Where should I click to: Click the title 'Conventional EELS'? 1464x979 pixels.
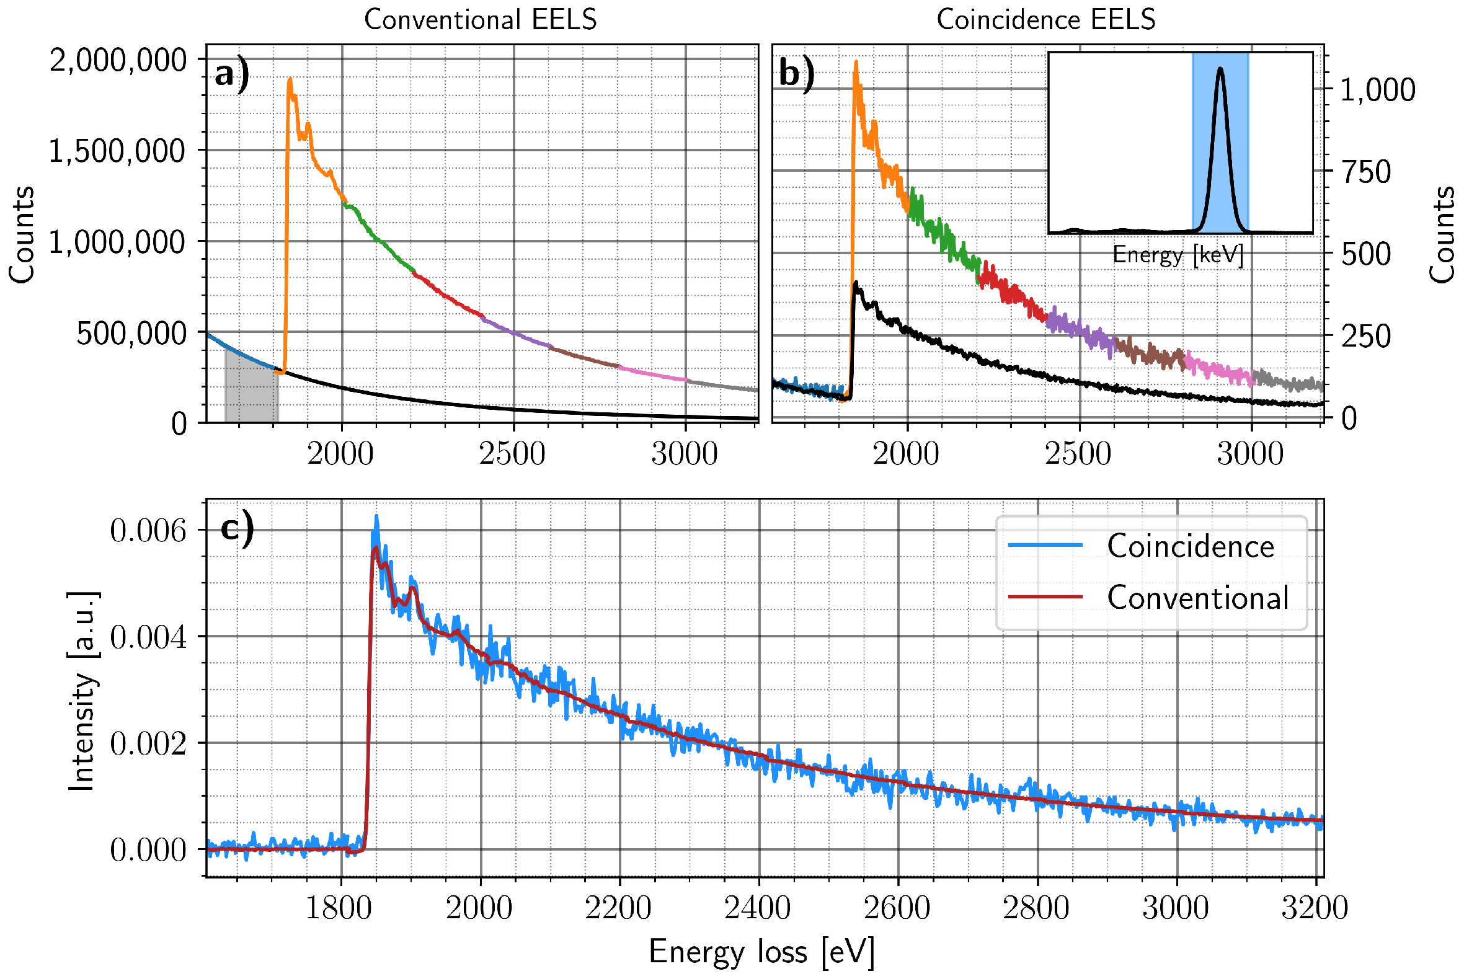pyautogui.click(x=480, y=20)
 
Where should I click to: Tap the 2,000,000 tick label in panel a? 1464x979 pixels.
pyautogui.click(x=118, y=61)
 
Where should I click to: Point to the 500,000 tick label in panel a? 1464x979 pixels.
pyautogui.click(x=131, y=334)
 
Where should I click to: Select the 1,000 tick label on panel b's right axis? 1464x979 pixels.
pyautogui.click(x=1377, y=90)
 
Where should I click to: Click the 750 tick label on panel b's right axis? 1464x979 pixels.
pyautogui.click(x=1366, y=172)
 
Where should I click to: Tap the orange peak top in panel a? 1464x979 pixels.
pyautogui.click(x=290, y=80)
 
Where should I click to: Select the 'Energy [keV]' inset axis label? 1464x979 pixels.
pyautogui.click(x=1178, y=255)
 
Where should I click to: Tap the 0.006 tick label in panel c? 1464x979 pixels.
pyautogui.click(x=148, y=531)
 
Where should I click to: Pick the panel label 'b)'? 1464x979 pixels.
pyautogui.click(x=796, y=74)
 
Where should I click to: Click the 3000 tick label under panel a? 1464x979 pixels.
pyautogui.click(x=684, y=454)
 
